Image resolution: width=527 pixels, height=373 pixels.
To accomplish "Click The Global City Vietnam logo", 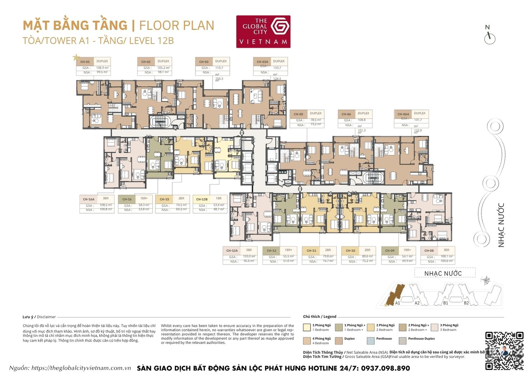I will pyautogui.click(x=263, y=32).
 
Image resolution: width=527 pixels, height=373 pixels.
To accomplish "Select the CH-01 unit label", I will pyautogui.click(x=85, y=62).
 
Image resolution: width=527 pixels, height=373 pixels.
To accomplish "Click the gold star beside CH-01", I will pyautogui.click(x=76, y=57).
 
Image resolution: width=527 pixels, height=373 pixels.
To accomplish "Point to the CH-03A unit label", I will pyautogui.click(x=262, y=62).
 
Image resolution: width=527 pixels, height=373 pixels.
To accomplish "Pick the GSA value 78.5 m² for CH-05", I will pyautogui.click(x=315, y=120).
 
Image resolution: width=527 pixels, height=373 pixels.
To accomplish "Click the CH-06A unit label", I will pyautogui.click(x=403, y=114).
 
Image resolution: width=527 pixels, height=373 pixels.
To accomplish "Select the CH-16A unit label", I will pyautogui.click(x=89, y=199).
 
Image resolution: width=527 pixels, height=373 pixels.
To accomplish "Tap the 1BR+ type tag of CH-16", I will pyautogui.click(x=144, y=198).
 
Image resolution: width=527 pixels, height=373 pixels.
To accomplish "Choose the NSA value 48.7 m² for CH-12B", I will pyautogui.click(x=219, y=209).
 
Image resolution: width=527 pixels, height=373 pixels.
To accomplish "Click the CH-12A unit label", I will pyautogui.click(x=232, y=251).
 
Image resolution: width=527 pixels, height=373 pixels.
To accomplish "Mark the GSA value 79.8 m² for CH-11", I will pyautogui.click(x=328, y=257).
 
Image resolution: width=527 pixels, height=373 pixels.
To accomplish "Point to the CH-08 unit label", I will pyautogui.click(x=429, y=251).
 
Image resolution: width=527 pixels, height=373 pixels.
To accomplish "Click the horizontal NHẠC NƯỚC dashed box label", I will pyautogui.click(x=443, y=273).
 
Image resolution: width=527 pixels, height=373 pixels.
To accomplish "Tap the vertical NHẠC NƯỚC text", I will pyautogui.click(x=501, y=225).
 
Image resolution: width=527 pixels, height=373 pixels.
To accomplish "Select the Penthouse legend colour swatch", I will pyautogui.click(x=370, y=340).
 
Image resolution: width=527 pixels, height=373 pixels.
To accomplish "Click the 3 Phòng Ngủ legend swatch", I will pyautogui.click(x=434, y=327).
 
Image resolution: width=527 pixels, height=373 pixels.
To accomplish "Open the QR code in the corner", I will pyautogui.click(x=505, y=350).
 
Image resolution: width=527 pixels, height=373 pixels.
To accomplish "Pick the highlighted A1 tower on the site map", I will pyautogui.click(x=396, y=294).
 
